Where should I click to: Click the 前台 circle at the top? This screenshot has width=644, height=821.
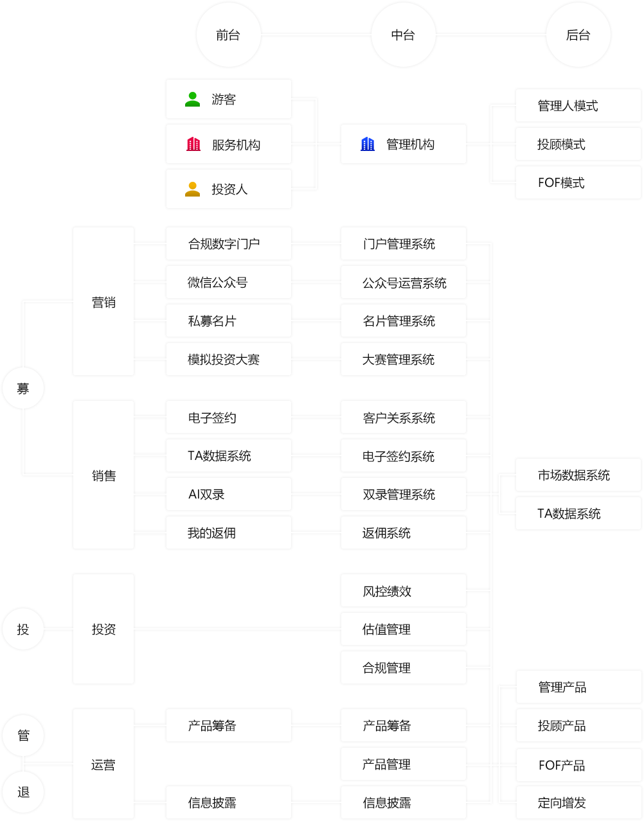pyautogui.click(x=228, y=35)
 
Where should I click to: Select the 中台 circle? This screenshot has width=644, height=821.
pyautogui.click(x=403, y=35)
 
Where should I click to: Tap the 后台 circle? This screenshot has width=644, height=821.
pyautogui.click(x=578, y=35)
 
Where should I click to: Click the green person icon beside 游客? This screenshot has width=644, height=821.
pyautogui.click(x=193, y=100)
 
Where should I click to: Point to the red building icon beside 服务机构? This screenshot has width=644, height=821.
pyautogui.click(x=193, y=145)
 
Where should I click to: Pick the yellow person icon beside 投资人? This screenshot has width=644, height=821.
pyautogui.click(x=193, y=190)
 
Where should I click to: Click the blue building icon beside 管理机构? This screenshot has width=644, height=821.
pyautogui.click(x=368, y=145)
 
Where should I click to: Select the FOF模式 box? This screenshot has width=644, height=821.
pyautogui.click(x=578, y=183)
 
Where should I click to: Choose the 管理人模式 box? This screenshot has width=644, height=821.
pyautogui.click(x=578, y=106)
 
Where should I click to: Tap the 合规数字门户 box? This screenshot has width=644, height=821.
pyautogui.click(x=229, y=244)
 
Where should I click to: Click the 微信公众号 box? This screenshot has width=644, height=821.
pyautogui.click(x=229, y=283)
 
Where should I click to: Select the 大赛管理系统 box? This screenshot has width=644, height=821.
pyautogui.click(x=403, y=360)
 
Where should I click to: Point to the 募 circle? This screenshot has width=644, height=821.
pyautogui.click(x=23, y=388)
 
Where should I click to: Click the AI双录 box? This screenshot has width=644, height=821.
pyautogui.click(x=229, y=495)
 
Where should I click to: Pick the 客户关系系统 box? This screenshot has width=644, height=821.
pyautogui.click(x=403, y=418)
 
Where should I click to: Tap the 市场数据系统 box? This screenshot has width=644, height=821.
pyautogui.click(x=578, y=475)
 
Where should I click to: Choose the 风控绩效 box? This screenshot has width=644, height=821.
pyautogui.click(x=403, y=591)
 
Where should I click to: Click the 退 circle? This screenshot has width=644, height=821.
pyautogui.click(x=23, y=792)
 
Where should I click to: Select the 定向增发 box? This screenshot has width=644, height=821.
pyautogui.click(x=578, y=803)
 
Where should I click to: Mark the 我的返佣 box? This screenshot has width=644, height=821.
pyautogui.click(x=229, y=533)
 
